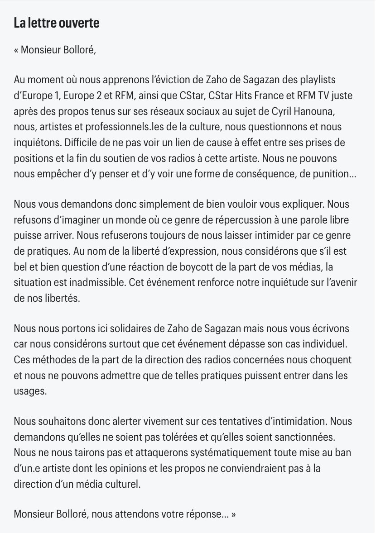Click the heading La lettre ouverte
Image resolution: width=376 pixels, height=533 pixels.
(57, 24)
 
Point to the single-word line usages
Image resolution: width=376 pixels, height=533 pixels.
(30, 391)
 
